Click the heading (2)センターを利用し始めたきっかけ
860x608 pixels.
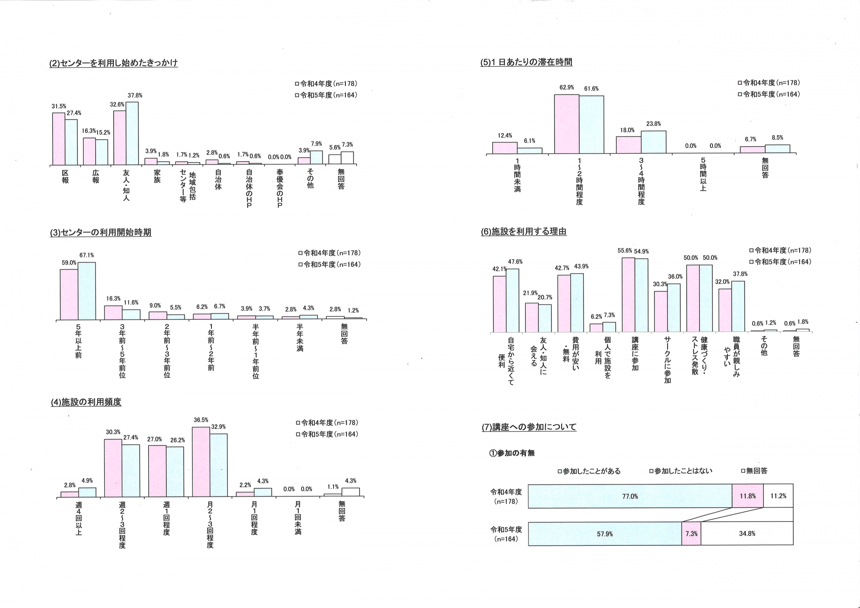pos(113,63)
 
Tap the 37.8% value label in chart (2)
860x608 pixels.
pos(135,95)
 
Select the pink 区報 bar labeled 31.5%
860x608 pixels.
pos(59,139)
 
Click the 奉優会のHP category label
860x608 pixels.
pos(280,188)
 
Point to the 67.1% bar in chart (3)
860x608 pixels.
pos(86,291)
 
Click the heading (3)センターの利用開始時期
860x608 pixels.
pos(101,233)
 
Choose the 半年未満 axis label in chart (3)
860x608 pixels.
pos(300,338)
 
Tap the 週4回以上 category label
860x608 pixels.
pos(79,518)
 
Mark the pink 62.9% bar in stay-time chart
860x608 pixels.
pos(567,124)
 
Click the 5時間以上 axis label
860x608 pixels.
pos(703,174)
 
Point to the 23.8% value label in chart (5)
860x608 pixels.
pos(654,124)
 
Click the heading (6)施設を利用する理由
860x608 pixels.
pos(524,232)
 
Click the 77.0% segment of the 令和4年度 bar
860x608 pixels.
pos(630,496)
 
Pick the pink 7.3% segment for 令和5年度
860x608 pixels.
pos(691,534)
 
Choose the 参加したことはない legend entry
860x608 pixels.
pos(681,471)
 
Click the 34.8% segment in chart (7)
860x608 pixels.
pos(747,534)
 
